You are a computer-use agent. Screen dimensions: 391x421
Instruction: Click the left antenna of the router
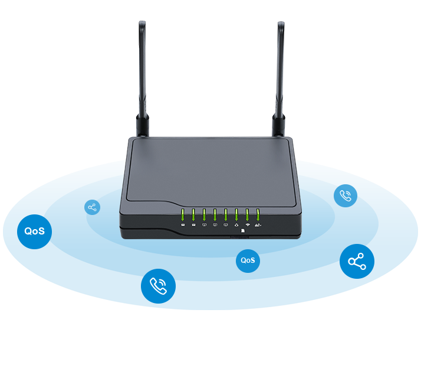click(142, 71)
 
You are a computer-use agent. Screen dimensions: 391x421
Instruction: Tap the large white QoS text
click(34, 231)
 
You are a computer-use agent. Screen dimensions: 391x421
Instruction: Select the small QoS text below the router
click(248, 260)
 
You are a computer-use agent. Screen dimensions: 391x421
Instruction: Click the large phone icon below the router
click(158, 286)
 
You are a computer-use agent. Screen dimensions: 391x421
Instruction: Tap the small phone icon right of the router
click(346, 196)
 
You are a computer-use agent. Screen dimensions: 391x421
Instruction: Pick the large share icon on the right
click(357, 262)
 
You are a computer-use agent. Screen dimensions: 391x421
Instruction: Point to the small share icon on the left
click(92, 207)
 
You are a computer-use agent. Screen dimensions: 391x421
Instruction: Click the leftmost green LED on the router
click(183, 214)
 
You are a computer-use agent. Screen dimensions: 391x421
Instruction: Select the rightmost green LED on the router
click(258, 214)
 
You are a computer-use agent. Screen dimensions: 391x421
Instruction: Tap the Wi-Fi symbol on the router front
click(248, 226)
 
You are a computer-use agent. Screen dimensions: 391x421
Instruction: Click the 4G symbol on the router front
click(258, 226)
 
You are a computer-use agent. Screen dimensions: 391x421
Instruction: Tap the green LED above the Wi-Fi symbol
click(247, 214)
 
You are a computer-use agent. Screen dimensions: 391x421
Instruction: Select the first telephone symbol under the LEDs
click(183, 226)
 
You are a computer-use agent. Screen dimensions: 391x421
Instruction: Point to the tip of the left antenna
click(142, 24)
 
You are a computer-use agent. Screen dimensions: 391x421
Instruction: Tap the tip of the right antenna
click(281, 24)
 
